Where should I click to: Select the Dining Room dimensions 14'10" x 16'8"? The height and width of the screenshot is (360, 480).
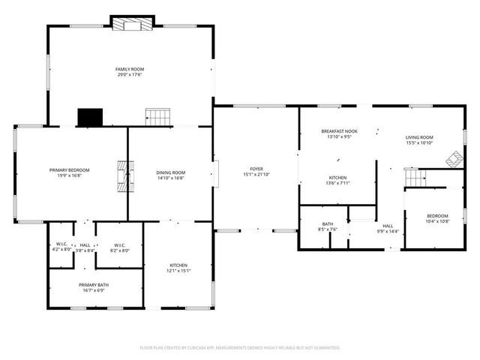click(x=171, y=178)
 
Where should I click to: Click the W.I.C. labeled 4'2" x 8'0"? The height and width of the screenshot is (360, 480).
click(x=61, y=247)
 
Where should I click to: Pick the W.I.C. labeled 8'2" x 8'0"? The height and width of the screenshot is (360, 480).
click(x=119, y=247)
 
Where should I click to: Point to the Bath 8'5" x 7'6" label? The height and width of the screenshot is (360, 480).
click(x=327, y=226)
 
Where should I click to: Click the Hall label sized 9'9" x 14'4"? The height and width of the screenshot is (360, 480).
click(x=387, y=228)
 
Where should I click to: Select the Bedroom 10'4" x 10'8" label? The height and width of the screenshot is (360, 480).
click(x=437, y=218)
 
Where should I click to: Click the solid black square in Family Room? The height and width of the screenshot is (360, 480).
click(x=90, y=117)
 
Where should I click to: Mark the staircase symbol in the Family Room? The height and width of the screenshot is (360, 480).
click(x=158, y=116)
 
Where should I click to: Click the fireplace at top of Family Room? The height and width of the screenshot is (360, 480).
click(x=132, y=24)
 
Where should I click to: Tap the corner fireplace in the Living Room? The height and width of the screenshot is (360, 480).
click(x=454, y=159)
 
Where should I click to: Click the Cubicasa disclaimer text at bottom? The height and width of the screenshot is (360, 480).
click(x=240, y=347)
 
